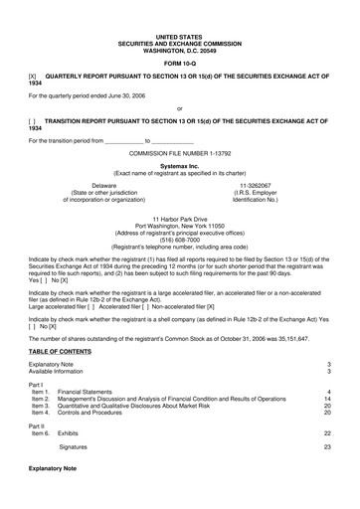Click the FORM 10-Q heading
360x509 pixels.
(179, 63)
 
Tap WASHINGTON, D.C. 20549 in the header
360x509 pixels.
(179, 50)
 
